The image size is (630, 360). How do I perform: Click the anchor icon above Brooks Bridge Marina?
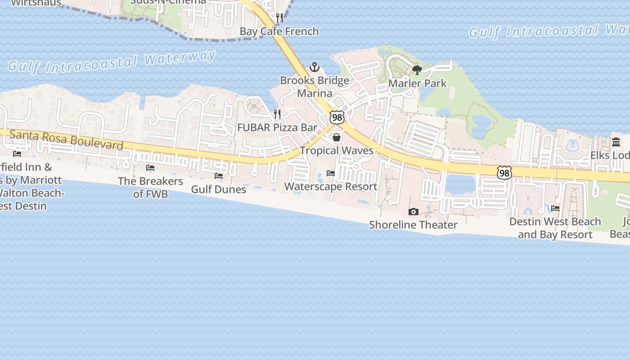315,67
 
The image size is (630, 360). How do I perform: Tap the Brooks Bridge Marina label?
315,87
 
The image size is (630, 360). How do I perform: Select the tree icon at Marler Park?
417,70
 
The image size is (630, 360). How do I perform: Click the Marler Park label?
417,83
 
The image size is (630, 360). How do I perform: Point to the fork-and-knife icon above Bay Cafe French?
279,18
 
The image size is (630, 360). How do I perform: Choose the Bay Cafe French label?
279,31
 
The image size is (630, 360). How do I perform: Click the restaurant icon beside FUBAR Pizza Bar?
277,114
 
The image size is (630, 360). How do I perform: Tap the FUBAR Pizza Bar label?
277,127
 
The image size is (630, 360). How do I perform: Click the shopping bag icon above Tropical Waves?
336,137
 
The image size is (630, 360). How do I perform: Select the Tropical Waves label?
337,150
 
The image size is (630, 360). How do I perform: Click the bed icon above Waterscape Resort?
331,173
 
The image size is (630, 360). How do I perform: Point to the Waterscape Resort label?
331,186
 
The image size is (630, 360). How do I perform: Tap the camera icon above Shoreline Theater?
413,211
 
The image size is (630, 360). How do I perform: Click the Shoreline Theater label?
413,225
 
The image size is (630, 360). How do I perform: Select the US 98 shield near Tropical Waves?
337,117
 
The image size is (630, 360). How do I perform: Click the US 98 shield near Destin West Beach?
504,172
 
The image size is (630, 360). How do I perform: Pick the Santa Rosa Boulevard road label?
66,140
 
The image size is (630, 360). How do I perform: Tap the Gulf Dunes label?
219,189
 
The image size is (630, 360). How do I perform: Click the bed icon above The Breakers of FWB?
150,168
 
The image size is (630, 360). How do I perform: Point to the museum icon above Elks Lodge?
616,142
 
